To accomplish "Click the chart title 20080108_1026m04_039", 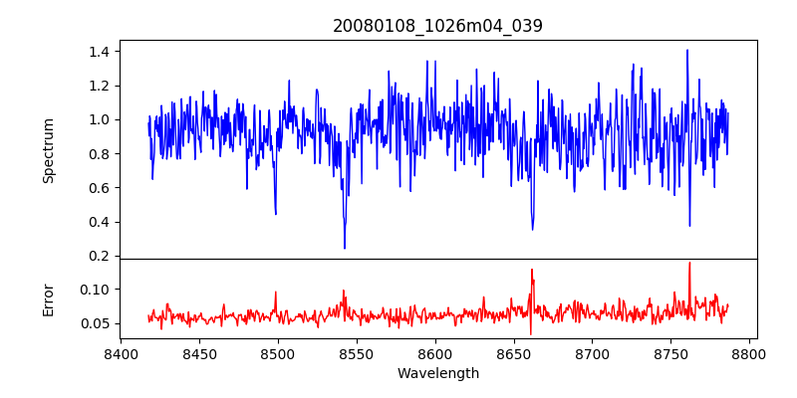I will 437,26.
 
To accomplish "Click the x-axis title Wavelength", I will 437,374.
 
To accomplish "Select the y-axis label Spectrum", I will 48,150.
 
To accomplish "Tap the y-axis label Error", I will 48,299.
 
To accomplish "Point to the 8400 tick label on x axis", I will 121,353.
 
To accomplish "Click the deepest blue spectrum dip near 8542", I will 345,248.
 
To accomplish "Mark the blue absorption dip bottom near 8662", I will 533,230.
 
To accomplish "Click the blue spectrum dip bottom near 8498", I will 275,214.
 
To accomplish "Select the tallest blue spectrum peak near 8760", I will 687,50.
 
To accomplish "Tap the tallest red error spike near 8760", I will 688,263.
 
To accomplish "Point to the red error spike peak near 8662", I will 532,269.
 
